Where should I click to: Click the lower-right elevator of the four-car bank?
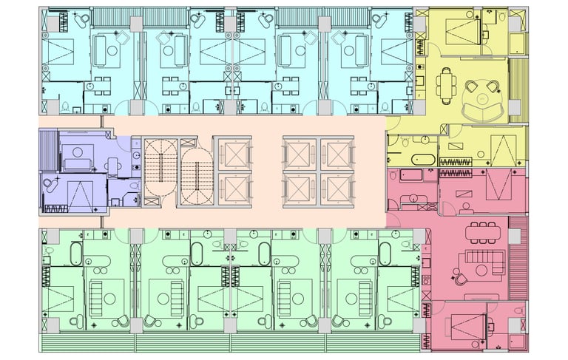tap(334, 190)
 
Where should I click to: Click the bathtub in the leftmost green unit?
tap(75, 255)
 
